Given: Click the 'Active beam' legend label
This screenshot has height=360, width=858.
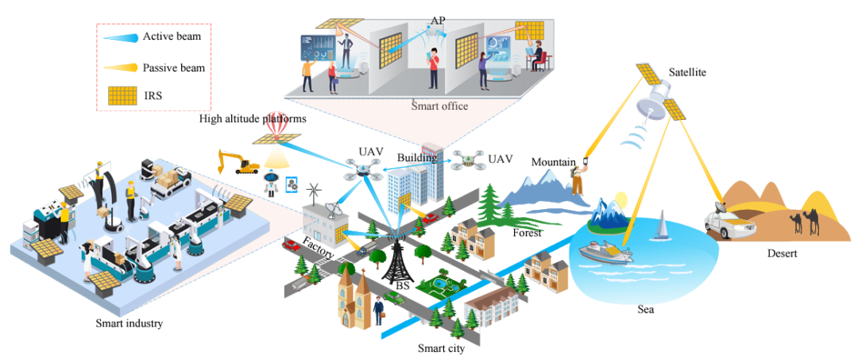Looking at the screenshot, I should tap(171, 37).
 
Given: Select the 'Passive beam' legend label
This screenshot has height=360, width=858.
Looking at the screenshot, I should tap(173, 68).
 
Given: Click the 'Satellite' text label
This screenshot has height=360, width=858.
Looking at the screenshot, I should tap(687, 72).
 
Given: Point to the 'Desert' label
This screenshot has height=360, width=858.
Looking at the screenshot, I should tap(783, 254).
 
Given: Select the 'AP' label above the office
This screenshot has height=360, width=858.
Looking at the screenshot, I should tap(438, 18).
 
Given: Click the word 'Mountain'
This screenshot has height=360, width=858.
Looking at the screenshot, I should tap(553, 162).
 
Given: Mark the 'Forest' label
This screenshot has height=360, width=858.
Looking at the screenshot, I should tap(527, 234).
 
